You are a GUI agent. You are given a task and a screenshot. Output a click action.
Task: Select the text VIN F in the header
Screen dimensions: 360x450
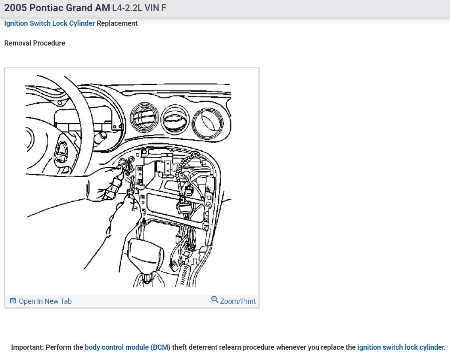[155, 8]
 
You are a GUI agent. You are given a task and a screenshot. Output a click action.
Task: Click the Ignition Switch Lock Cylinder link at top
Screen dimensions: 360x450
[50, 23]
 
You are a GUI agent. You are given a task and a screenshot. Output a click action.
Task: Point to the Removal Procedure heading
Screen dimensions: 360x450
[34, 43]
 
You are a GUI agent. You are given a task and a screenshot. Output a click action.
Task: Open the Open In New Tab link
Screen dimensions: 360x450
[45, 301]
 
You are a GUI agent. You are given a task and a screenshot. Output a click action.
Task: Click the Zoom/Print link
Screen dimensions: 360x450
[238, 301]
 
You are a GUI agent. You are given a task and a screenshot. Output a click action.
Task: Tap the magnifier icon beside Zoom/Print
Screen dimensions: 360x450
[215, 299]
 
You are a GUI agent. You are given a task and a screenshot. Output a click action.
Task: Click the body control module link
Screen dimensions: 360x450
[117, 347]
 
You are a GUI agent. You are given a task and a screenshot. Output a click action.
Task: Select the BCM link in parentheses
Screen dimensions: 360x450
[161, 347]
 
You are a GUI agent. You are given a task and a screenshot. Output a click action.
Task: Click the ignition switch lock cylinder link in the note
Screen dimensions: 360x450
[400, 347]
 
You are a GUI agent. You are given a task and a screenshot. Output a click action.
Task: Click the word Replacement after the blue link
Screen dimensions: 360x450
[117, 23]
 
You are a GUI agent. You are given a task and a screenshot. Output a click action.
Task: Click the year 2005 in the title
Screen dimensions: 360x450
[15, 8]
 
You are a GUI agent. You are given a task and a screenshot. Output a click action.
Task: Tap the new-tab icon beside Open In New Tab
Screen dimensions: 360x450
[13, 301]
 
